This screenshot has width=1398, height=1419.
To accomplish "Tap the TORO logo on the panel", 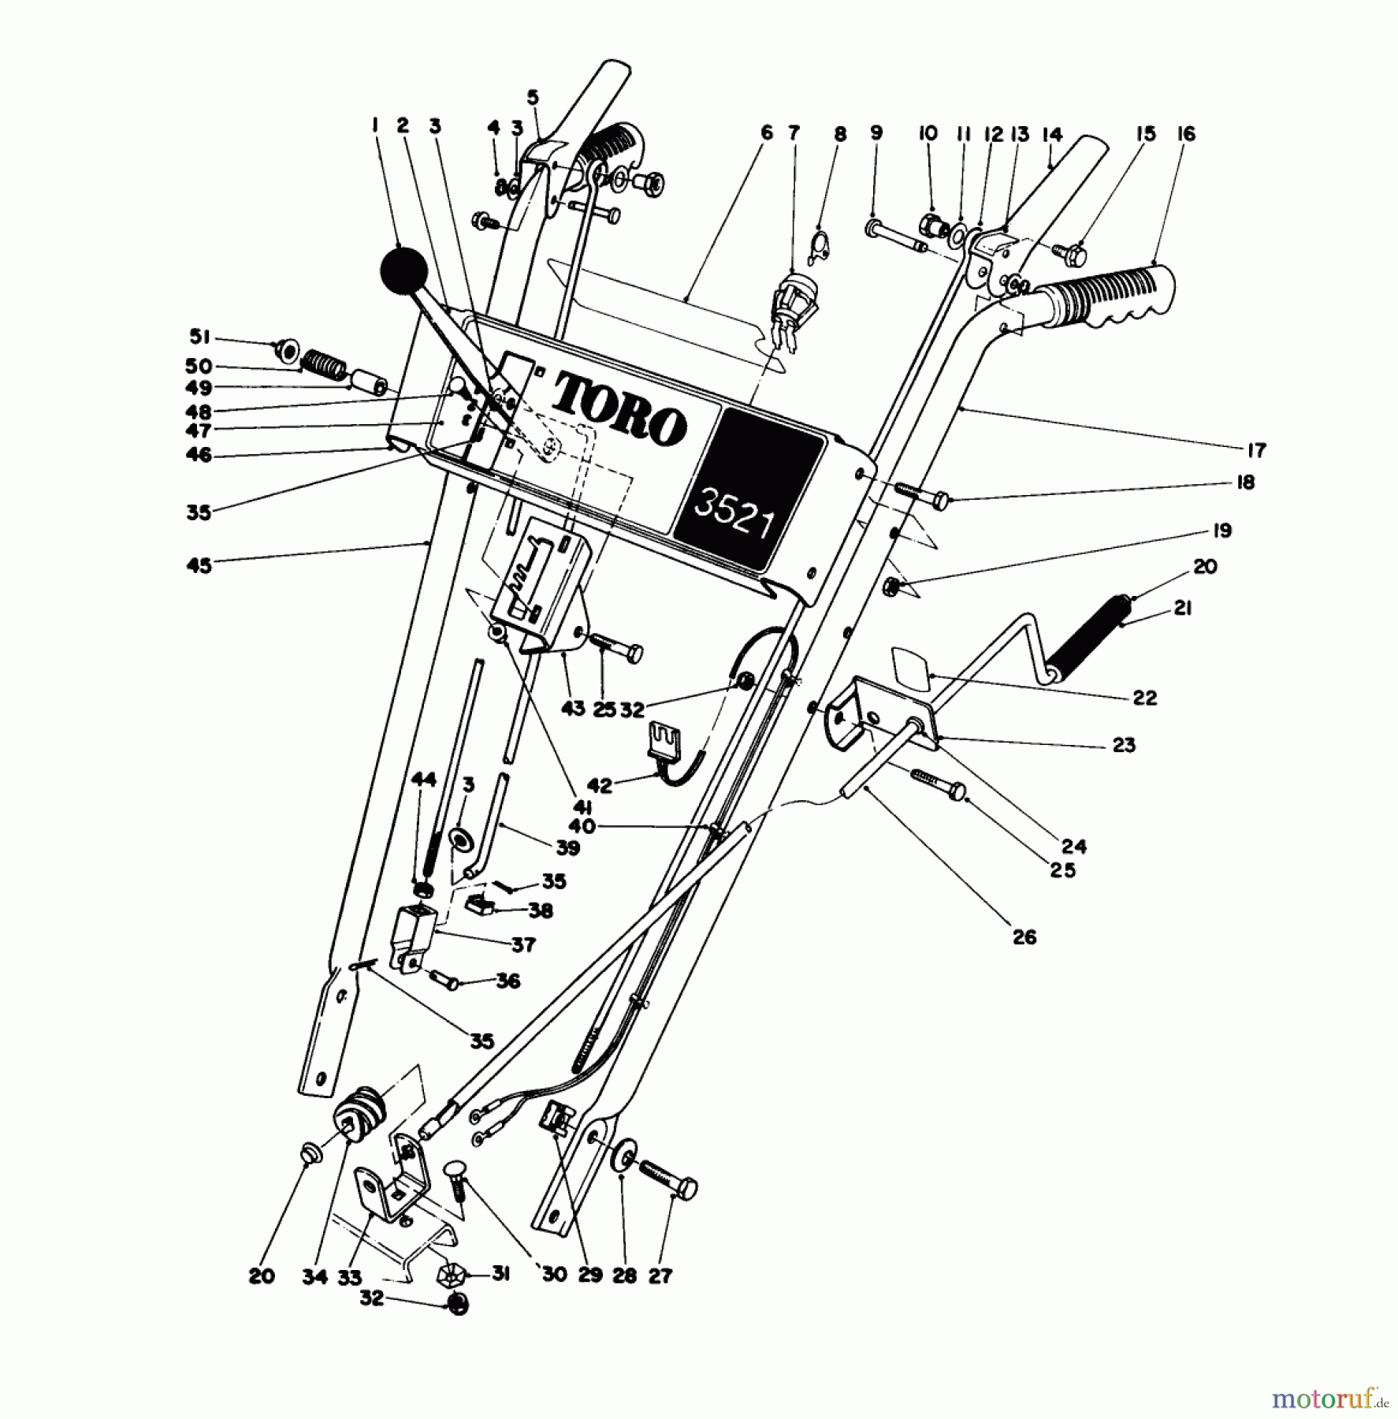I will pos(619,408).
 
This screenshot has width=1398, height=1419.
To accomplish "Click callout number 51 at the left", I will pos(199,337).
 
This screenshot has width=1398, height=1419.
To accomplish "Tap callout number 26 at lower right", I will pos(1024,937).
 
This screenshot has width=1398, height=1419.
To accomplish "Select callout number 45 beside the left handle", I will pos(199,565).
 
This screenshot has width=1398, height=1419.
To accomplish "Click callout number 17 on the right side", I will pos(1256,450).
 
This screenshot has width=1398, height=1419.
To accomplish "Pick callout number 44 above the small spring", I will pos(424,780).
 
